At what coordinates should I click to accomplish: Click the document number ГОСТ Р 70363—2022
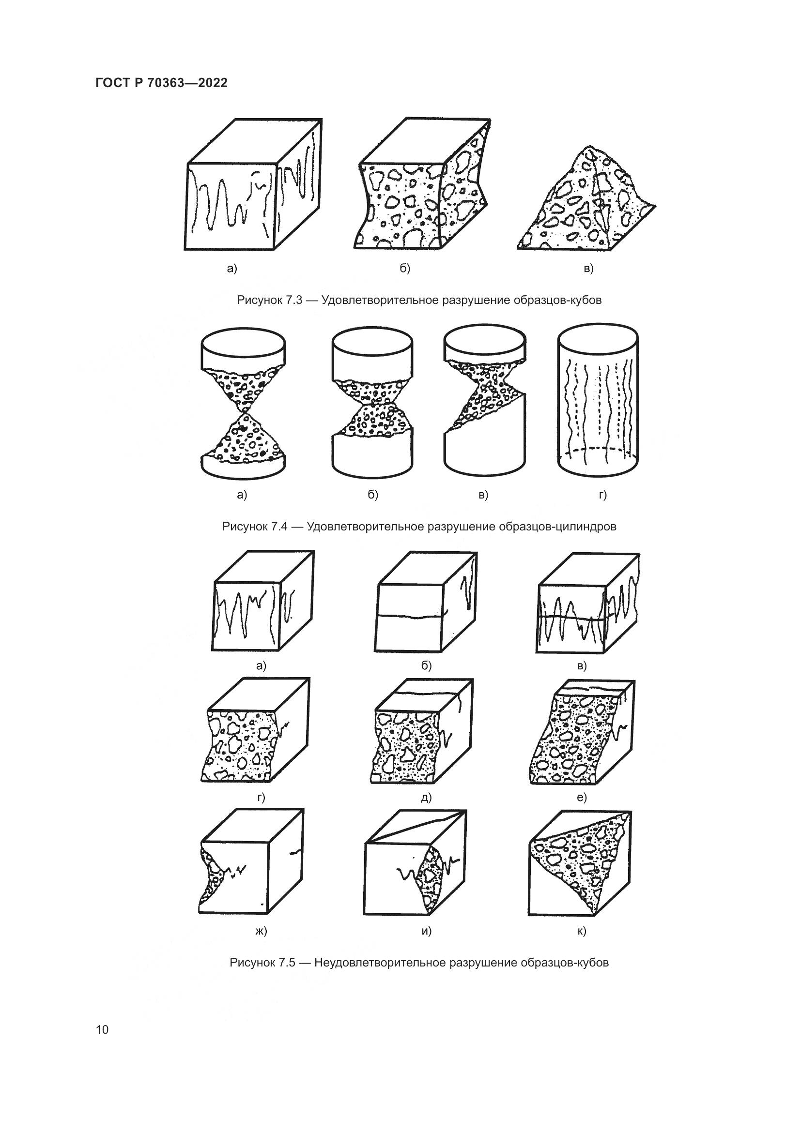[161, 83]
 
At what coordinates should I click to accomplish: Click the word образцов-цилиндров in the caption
[557, 527]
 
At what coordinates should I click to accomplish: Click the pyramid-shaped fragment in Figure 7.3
[587, 198]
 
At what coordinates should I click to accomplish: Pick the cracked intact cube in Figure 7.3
[253, 184]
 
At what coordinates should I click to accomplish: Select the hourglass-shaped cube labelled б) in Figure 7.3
[422, 183]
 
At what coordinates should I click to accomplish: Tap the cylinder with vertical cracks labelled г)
[598, 400]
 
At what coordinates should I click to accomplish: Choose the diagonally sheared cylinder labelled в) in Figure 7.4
[484, 400]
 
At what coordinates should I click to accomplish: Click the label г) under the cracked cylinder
[603, 495]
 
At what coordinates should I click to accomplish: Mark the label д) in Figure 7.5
[426, 798]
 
